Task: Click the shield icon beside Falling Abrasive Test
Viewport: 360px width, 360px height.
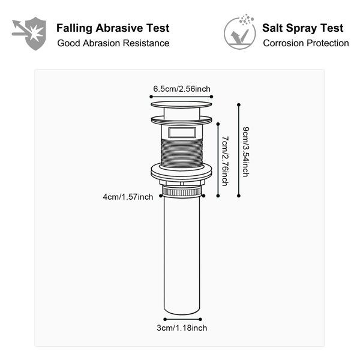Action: coord(29,33)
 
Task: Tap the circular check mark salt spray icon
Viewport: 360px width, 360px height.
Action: coord(239,32)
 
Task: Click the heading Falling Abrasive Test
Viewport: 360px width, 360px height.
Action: coord(113,28)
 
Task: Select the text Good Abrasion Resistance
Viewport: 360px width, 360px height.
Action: coord(113,43)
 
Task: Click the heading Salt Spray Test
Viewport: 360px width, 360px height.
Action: coord(302,28)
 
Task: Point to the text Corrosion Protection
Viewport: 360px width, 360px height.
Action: coord(306,43)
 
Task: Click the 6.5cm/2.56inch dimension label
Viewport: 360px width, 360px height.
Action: coord(182,89)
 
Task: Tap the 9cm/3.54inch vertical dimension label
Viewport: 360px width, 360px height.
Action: coord(246,152)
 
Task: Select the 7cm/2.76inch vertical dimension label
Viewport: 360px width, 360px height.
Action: coord(225,161)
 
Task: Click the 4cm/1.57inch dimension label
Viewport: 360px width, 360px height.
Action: coord(128,197)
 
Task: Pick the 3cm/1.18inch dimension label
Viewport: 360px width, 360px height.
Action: coord(182,328)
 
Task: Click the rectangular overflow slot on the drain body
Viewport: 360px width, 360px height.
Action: coord(182,133)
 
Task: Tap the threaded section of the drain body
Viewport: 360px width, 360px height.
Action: coord(182,152)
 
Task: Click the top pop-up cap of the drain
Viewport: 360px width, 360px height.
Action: coord(181,104)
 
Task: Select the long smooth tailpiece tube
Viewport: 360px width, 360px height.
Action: coord(182,256)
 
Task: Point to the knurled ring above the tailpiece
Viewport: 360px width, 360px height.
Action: coord(182,191)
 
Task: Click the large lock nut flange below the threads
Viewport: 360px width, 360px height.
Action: coord(181,172)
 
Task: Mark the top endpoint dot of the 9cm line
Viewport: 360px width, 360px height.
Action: coord(239,104)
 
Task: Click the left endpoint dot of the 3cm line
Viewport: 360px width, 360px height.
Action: coord(165,319)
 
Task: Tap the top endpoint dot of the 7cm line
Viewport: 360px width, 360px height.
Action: coord(218,124)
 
